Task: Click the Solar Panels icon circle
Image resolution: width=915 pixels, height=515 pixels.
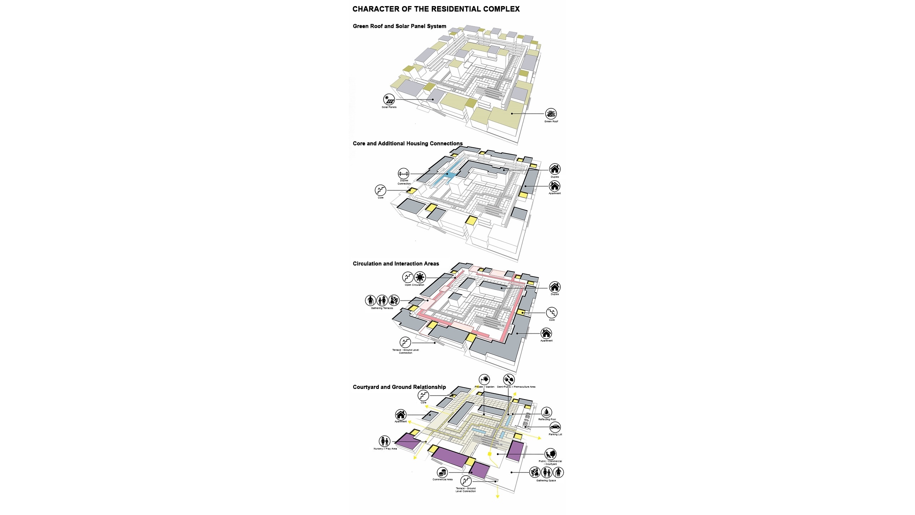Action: (x=389, y=99)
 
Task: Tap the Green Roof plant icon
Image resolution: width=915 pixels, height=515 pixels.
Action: (x=551, y=114)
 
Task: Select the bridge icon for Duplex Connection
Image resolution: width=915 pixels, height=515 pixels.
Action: (x=404, y=174)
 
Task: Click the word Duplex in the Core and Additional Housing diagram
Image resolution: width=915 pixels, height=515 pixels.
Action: (x=555, y=177)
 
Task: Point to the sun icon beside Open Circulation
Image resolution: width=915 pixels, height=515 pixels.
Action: (x=420, y=277)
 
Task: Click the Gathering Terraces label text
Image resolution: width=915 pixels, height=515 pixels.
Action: (x=382, y=308)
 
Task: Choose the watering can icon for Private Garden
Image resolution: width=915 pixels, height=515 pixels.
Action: (x=484, y=379)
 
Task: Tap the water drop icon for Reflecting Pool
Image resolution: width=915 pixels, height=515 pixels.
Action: (x=546, y=412)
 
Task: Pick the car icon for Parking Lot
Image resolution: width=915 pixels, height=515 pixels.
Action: (x=555, y=427)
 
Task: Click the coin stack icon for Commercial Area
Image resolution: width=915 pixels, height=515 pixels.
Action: (x=442, y=472)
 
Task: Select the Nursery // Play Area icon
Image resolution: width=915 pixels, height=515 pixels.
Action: (x=385, y=441)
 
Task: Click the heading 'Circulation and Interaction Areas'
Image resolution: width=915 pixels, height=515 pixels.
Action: (x=396, y=264)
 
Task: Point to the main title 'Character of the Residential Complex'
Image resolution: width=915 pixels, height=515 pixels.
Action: (x=436, y=9)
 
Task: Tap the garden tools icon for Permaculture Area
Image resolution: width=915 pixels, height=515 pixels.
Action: (x=509, y=379)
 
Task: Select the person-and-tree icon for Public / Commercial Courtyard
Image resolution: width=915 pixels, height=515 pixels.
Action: (x=550, y=454)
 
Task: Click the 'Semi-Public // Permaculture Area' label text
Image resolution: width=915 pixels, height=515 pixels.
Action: (x=516, y=387)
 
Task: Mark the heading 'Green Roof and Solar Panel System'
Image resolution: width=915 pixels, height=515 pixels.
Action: (x=399, y=26)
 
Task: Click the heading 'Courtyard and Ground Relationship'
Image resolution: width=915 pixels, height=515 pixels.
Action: (x=399, y=387)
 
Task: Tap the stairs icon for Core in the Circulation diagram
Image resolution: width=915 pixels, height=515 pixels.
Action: (x=552, y=313)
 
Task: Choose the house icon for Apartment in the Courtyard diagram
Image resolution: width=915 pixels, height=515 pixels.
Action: (x=401, y=415)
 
